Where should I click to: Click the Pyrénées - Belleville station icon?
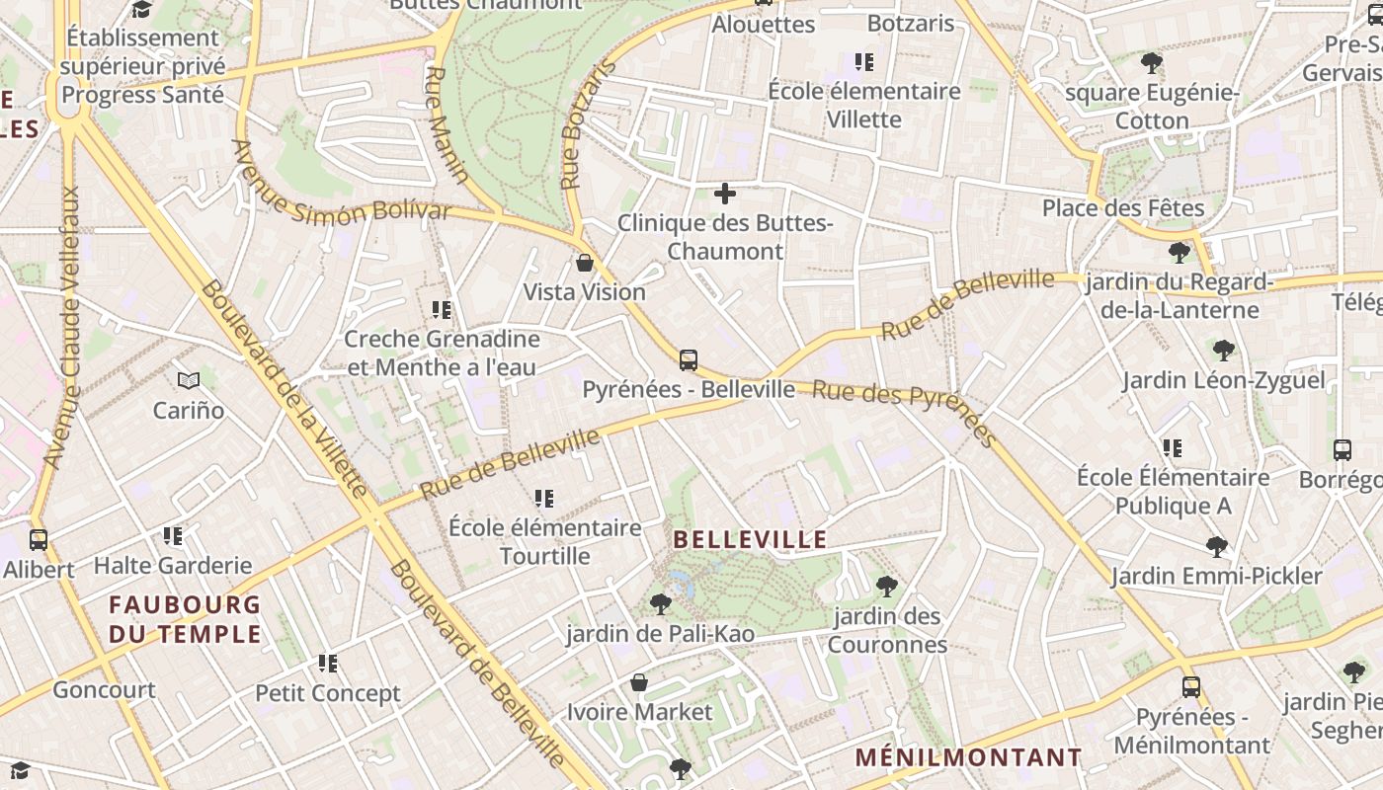tap(689, 360)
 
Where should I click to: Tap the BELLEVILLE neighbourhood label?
tap(750, 539)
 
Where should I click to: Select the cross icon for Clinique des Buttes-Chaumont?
tap(725, 194)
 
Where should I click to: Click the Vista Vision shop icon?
tap(585, 263)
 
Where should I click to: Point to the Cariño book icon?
tap(189, 380)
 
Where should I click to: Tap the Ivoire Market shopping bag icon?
tap(639, 682)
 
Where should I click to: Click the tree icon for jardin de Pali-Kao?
tap(661, 603)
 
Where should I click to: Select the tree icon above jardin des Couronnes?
tap(887, 587)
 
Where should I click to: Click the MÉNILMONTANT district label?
tap(968, 757)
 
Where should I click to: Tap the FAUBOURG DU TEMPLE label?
tap(185, 619)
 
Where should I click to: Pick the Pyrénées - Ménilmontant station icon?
tap(1191, 687)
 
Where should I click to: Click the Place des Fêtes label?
tap(1123, 208)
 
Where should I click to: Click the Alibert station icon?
tap(39, 540)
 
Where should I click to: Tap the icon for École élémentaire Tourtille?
tap(544, 499)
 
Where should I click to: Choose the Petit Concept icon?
tap(328, 664)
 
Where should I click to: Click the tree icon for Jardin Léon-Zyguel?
tap(1223, 351)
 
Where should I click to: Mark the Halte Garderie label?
tap(173, 566)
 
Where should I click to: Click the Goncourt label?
tap(104, 689)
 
